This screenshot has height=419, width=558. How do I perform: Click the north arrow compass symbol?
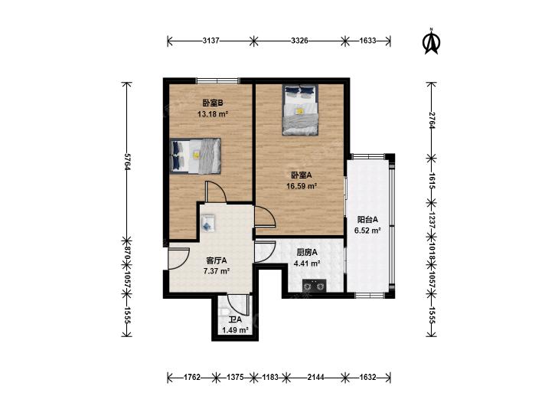[x=431, y=41]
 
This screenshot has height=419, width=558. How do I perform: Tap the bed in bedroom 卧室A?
[x=300, y=110]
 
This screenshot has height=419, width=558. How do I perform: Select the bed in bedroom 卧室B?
[x=195, y=156]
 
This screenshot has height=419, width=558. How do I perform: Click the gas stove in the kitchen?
[x=315, y=285]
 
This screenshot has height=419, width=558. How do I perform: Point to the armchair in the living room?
[x=207, y=223]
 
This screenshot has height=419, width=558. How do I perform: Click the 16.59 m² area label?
[x=302, y=186]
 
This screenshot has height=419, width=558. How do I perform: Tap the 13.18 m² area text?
[x=213, y=114]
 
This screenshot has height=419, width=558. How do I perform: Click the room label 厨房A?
[x=307, y=253]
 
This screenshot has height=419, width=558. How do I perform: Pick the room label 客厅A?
[x=217, y=260]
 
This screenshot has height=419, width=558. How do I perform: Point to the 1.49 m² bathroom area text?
[x=235, y=330]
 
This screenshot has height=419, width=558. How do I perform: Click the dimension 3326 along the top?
[x=299, y=41]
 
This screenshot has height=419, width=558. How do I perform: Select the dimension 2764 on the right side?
[x=432, y=120]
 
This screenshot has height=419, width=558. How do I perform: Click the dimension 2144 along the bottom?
[x=315, y=377]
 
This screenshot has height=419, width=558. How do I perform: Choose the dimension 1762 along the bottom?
[x=192, y=377]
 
